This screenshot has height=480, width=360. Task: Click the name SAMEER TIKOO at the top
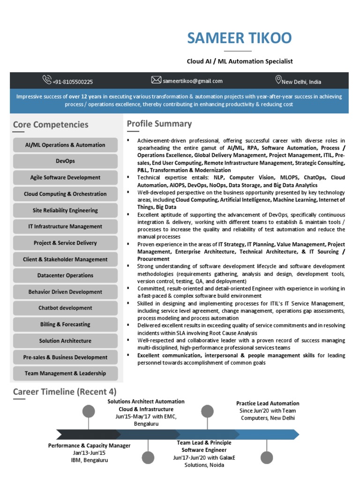[239, 38]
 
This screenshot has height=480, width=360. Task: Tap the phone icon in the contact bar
[47, 80]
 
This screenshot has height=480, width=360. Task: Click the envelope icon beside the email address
[156, 80]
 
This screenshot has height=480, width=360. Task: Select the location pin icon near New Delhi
[278, 80]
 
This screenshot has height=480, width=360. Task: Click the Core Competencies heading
[51, 125]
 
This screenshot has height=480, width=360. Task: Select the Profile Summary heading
[159, 124]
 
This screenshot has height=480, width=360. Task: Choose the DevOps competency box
[65, 161]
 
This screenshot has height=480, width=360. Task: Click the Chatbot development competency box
[65, 308]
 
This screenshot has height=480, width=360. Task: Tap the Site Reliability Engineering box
[65, 210]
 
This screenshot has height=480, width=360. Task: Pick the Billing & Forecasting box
[65, 324]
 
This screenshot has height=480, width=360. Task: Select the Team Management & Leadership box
[65, 374]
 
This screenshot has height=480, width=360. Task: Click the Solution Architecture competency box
[65, 341]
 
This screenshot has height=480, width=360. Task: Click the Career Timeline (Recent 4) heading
[65, 392]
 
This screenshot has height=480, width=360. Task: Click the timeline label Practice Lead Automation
[268, 403]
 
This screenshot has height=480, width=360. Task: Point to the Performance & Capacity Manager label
[89, 446]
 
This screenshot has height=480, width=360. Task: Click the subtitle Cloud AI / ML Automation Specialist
[240, 61]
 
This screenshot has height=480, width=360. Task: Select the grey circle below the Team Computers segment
[267, 457]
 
